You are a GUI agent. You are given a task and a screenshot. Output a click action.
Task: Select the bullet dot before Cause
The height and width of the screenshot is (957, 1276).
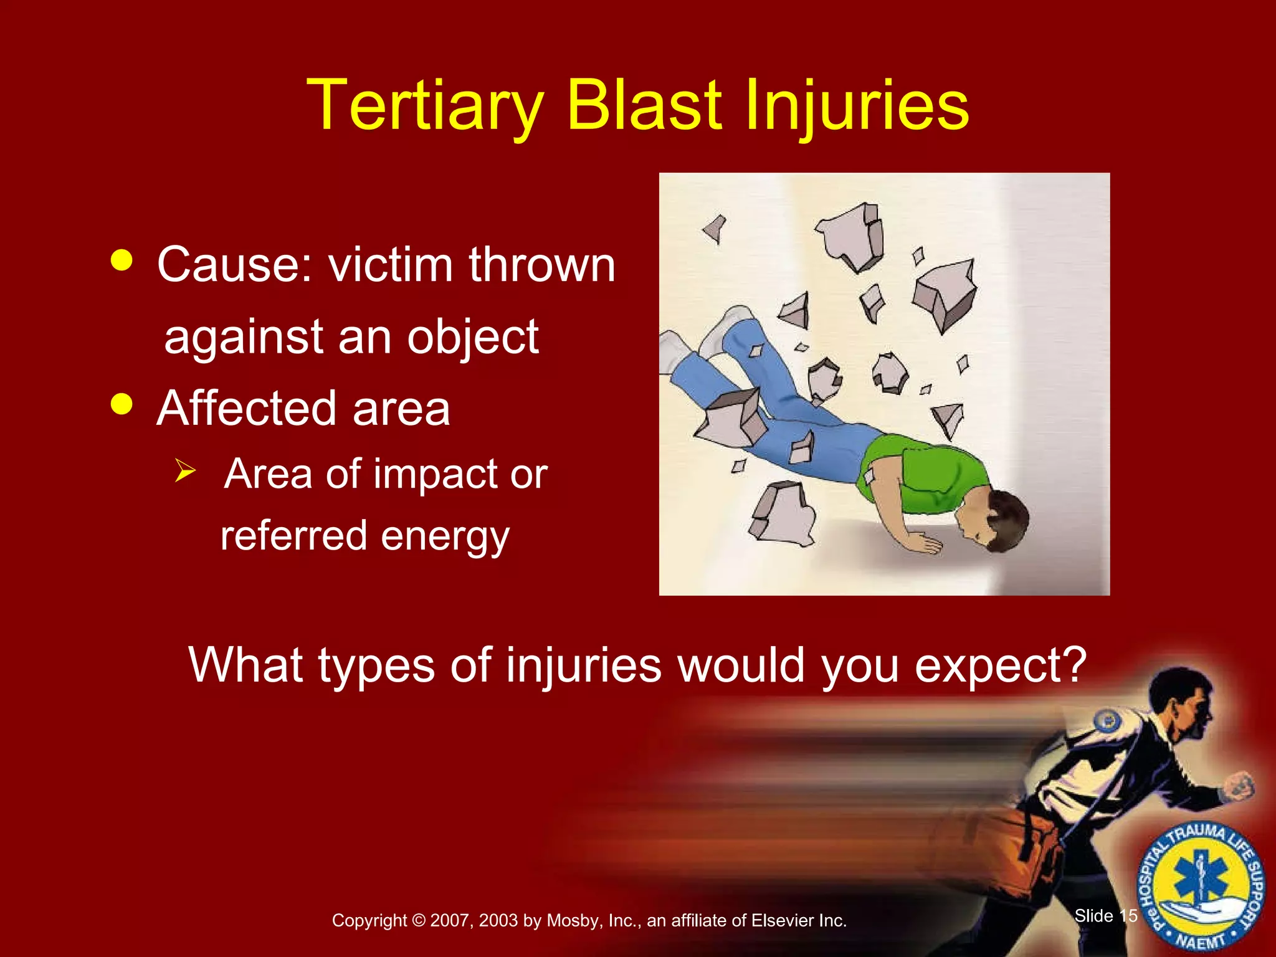pos(121,260)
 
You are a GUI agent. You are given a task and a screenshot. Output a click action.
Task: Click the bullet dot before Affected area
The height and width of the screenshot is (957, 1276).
pos(121,404)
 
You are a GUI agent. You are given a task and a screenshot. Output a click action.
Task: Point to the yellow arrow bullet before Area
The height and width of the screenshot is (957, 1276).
pos(185,470)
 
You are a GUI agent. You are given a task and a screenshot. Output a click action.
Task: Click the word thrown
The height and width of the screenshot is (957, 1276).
pos(541,265)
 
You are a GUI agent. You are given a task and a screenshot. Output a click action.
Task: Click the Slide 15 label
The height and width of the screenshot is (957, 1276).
pos(1106,916)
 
